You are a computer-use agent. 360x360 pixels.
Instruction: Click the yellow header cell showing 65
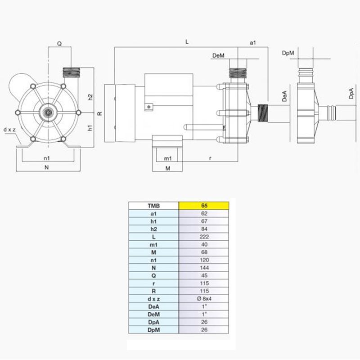click(x=204, y=206)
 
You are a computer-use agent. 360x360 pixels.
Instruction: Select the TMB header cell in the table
click(x=153, y=206)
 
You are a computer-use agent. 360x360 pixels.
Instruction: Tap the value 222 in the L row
click(x=204, y=236)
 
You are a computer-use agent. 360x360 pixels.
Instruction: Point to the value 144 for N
click(x=204, y=267)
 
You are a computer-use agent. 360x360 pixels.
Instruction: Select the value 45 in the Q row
click(x=204, y=274)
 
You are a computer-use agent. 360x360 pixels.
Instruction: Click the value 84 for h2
click(x=204, y=229)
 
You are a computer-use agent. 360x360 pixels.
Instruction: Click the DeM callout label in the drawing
click(x=218, y=55)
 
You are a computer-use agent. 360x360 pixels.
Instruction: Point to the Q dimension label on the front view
click(x=59, y=44)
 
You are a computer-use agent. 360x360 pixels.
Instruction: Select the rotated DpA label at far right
click(x=351, y=93)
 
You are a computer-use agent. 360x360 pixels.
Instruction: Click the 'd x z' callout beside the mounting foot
click(x=9, y=130)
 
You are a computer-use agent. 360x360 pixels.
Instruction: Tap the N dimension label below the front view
click(x=47, y=167)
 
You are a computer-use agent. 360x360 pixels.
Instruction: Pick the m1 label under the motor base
click(x=167, y=158)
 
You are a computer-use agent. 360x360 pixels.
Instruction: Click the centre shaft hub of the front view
click(x=47, y=112)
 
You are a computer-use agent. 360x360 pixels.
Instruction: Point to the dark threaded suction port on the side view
click(x=264, y=112)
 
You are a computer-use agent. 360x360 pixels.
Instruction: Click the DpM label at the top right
click(x=288, y=53)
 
